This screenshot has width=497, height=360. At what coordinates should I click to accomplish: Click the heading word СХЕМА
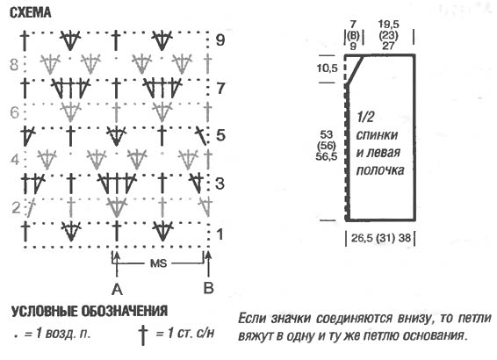point(31,12)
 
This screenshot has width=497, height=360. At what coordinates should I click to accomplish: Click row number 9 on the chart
point(220,40)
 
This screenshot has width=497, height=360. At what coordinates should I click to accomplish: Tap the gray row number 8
point(14,64)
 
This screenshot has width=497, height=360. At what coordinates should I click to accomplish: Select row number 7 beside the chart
point(220,88)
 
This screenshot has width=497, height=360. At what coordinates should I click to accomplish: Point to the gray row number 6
point(15,112)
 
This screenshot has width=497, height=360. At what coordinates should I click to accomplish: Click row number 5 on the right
point(220,135)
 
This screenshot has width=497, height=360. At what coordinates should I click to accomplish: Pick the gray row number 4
point(15,160)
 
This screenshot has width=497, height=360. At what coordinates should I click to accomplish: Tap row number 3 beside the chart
point(220,184)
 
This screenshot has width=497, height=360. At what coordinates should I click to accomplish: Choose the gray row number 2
point(16,207)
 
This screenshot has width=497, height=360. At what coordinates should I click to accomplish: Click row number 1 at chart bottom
point(220,234)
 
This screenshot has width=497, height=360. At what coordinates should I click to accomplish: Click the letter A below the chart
point(117,290)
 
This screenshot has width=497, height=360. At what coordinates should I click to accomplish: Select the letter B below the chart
point(208,288)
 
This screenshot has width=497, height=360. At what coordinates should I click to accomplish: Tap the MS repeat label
point(158,263)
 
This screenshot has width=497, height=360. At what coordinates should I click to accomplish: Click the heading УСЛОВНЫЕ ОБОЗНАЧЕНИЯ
point(90,311)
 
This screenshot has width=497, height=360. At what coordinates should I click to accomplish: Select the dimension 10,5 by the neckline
point(328,68)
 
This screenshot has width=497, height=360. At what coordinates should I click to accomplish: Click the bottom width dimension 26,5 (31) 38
point(381,238)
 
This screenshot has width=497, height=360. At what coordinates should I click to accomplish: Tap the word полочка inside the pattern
point(380,170)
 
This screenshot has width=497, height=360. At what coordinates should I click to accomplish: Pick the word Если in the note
point(253,318)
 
